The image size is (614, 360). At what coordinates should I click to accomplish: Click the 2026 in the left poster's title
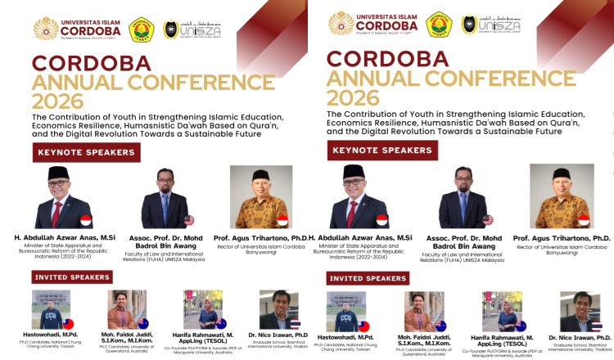(57, 101)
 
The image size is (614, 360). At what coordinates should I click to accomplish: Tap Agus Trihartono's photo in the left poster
(261, 197)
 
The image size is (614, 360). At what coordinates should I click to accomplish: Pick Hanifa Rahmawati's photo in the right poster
(500, 312)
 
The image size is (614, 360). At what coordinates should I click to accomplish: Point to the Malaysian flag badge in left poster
(190, 220)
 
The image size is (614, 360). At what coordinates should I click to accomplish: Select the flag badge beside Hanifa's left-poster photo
(221, 323)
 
